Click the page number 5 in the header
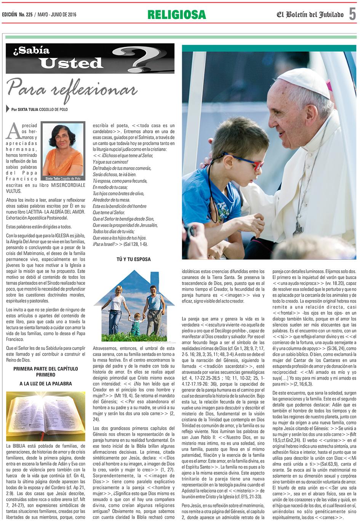coord(352,14)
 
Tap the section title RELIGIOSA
coord(177,14)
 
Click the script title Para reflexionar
coord(72,88)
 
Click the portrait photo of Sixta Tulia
coord(63,148)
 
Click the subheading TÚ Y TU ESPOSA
coord(133,259)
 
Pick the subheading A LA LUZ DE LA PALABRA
coord(46,384)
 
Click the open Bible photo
coord(46,415)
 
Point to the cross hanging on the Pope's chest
coord(298,228)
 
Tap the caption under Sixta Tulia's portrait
coord(63,178)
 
